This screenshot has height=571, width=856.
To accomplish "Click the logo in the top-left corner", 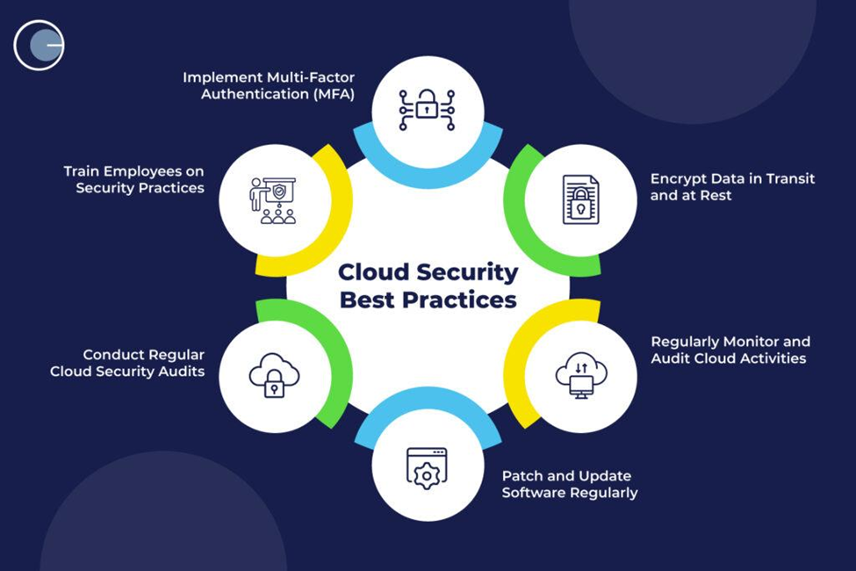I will tap(40, 44).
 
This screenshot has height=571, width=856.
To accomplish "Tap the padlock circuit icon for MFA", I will tap(428, 109).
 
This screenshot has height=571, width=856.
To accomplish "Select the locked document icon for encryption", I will tap(580, 199).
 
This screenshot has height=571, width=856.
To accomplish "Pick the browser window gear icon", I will tap(427, 467).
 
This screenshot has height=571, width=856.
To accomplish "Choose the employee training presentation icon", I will tap(274, 199).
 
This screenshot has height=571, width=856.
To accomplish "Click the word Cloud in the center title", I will tap(375, 272).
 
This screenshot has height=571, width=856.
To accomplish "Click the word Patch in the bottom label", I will tap(522, 476).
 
